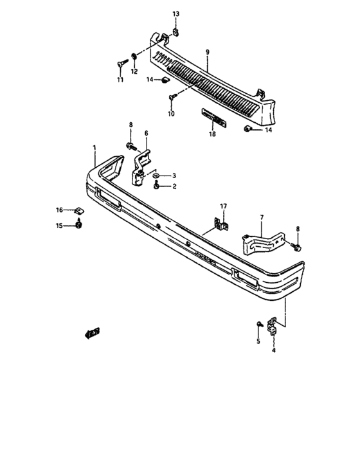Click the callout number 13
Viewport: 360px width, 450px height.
point(175,14)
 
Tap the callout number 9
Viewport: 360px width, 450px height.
point(208,52)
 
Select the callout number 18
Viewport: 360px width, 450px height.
point(212,134)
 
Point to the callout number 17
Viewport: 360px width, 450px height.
point(223,206)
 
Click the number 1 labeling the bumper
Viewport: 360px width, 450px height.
point(94,148)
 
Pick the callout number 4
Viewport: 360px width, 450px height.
point(274,350)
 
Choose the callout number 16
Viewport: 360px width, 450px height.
point(59,210)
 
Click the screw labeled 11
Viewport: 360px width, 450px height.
point(122,63)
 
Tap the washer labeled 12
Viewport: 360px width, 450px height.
point(134,57)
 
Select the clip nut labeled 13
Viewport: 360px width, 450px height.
point(176,32)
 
